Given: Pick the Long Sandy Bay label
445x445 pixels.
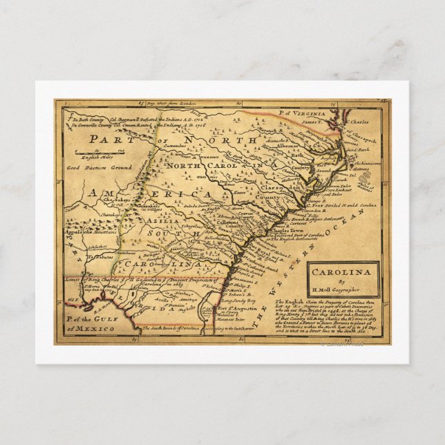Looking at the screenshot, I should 238,301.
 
